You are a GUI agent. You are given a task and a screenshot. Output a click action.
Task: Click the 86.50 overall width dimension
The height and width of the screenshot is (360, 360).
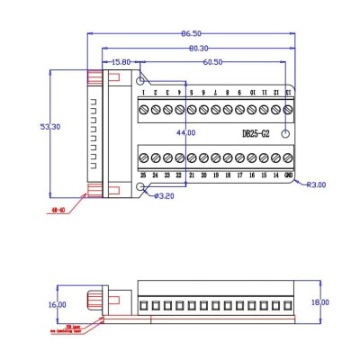coord(190,34)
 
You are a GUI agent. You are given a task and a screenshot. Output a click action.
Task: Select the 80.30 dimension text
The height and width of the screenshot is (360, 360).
coord(198,48)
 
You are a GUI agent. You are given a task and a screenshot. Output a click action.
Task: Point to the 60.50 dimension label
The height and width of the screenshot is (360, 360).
coord(213,62)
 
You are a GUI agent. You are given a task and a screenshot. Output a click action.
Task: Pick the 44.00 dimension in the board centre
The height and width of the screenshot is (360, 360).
coord(185,132)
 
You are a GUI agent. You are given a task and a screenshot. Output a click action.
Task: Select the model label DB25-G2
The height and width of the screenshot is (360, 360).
coord(257,133)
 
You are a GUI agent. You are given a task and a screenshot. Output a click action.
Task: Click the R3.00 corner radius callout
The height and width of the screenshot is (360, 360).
coord(316,184)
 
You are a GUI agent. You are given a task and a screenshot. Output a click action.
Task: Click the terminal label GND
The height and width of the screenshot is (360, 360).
coord(287,175)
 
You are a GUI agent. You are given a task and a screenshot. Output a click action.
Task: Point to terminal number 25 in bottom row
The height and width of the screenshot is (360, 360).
coord(143,175)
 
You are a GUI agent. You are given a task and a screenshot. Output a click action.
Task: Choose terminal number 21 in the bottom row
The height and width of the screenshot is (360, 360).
coord(192,175)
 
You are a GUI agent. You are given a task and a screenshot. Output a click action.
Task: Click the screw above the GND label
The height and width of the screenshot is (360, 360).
coord(287,157)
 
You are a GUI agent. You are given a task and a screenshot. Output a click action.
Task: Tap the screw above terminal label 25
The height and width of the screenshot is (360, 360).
coord(143,157)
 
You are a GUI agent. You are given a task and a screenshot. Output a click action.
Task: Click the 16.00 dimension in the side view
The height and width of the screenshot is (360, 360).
coord(57,304)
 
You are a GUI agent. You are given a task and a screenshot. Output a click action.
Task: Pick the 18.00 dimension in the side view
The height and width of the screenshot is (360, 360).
coord(319,302)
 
